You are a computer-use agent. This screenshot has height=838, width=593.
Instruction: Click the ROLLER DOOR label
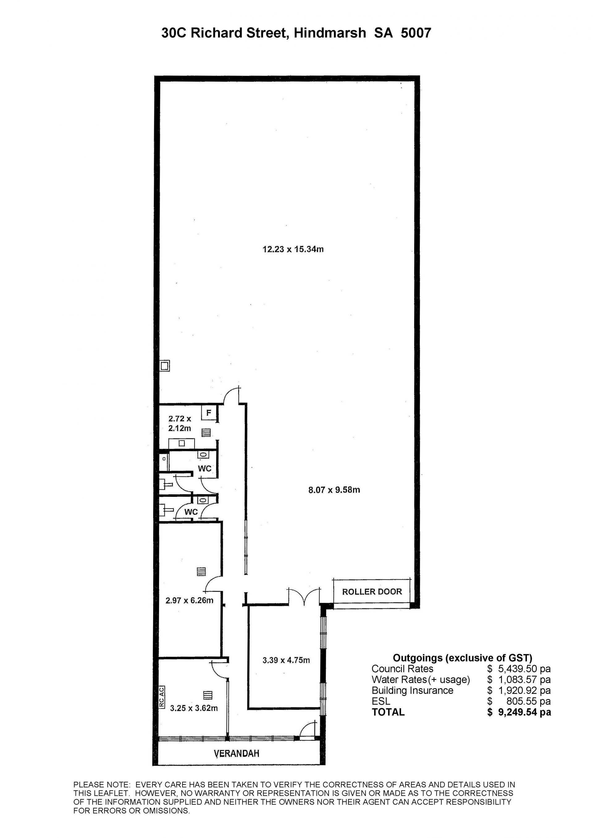[x=372, y=592]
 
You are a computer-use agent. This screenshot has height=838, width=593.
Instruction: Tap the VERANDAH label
[x=237, y=753]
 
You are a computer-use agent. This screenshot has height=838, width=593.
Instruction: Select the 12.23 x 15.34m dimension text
[x=293, y=250]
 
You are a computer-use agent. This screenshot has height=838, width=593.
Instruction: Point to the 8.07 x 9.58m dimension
[x=334, y=490]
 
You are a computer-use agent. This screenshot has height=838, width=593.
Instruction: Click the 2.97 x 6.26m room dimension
[x=189, y=600]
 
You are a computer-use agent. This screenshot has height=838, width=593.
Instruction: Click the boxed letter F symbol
[x=209, y=413]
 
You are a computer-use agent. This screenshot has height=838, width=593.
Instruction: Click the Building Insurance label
[x=412, y=690]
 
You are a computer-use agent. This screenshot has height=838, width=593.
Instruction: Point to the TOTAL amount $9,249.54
[x=519, y=712]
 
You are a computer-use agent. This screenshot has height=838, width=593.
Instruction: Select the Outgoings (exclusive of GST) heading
[x=462, y=658]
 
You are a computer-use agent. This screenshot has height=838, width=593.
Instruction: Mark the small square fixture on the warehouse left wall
[x=165, y=365]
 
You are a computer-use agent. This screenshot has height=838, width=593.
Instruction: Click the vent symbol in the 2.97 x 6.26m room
[x=201, y=571]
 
